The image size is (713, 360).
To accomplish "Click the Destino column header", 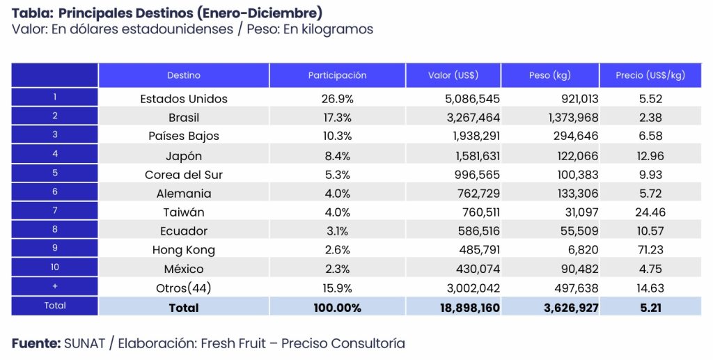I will click(x=184, y=75).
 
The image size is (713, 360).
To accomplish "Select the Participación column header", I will click(x=337, y=75).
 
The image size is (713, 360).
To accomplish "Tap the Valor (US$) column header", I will click(x=453, y=75).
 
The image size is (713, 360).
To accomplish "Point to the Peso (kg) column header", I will click(x=550, y=75).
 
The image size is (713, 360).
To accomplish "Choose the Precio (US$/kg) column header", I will click(x=650, y=75).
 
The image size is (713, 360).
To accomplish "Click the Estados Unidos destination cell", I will click(x=184, y=99).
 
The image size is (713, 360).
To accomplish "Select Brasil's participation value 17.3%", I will click(x=337, y=118).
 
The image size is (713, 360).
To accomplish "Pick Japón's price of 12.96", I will click(x=650, y=155).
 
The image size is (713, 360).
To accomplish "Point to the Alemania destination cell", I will click(x=184, y=193).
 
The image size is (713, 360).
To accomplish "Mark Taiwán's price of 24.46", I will click(x=650, y=212).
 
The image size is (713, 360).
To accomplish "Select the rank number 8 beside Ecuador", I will click(x=55, y=229).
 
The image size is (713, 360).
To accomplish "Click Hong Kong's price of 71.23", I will click(x=650, y=249).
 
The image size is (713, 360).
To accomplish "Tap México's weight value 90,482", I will click(x=578, y=268).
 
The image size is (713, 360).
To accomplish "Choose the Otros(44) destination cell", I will click(x=184, y=288).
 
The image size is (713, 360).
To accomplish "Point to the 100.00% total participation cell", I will click(x=337, y=307).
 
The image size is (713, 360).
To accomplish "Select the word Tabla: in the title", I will click(x=32, y=13).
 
